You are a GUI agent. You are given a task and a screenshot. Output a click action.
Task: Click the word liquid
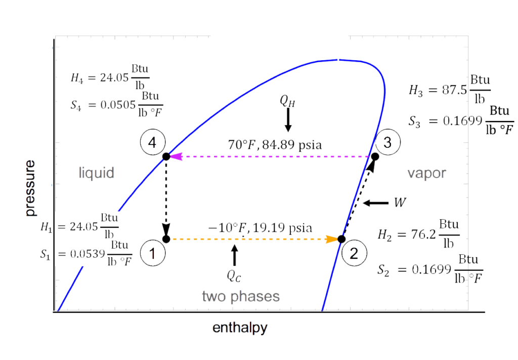[x=96, y=173]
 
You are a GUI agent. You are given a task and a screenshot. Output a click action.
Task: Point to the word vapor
[x=427, y=173]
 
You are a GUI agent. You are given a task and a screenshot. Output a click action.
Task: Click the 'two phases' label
[x=241, y=297]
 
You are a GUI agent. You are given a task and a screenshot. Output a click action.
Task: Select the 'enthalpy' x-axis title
[x=240, y=328]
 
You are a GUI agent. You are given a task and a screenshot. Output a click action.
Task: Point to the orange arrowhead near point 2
[x=332, y=238]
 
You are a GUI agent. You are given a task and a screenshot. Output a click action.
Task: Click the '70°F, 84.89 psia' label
[x=275, y=146]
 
